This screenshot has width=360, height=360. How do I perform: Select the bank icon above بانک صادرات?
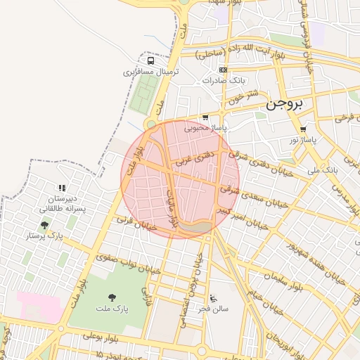[x=224, y=69]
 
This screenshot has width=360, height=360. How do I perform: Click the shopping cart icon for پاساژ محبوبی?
[x=205, y=117]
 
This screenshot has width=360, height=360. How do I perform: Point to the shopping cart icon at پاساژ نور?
[x=302, y=129]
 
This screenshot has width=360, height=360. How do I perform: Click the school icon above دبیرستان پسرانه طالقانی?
[x=62, y=188]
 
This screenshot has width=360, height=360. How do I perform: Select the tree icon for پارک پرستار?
[x=45, y=225]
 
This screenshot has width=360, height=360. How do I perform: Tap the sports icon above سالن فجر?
[x=213, y=297]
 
